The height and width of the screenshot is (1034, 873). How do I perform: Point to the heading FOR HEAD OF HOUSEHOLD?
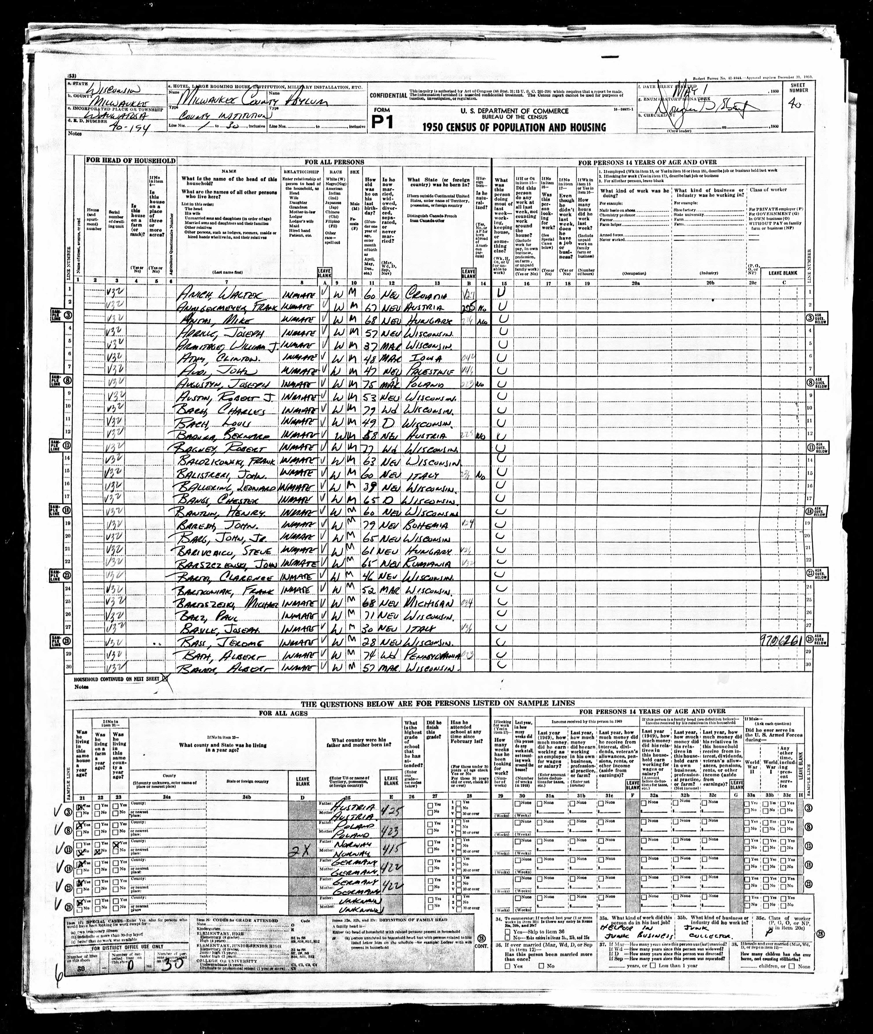pos(131,161)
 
